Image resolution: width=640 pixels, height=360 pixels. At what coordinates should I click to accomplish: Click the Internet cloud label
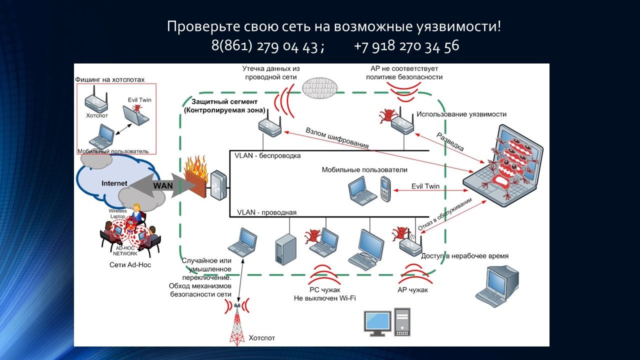[x=114, y=183]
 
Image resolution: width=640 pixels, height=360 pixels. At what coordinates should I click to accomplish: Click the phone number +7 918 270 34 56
[x=406, y=46]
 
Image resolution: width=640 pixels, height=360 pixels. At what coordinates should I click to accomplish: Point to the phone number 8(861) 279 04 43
[x=264, y=46]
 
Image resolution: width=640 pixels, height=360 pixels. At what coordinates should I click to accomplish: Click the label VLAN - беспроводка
[x=267, y=155]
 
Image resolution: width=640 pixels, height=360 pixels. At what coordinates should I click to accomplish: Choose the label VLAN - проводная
[x=266, y=212]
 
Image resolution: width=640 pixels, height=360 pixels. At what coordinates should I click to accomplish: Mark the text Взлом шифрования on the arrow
[x=337, y=138]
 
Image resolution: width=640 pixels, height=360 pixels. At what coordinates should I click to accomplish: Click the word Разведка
[x=450, y=142]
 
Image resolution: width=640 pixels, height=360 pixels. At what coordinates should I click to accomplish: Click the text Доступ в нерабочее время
[x=465, y=256]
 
